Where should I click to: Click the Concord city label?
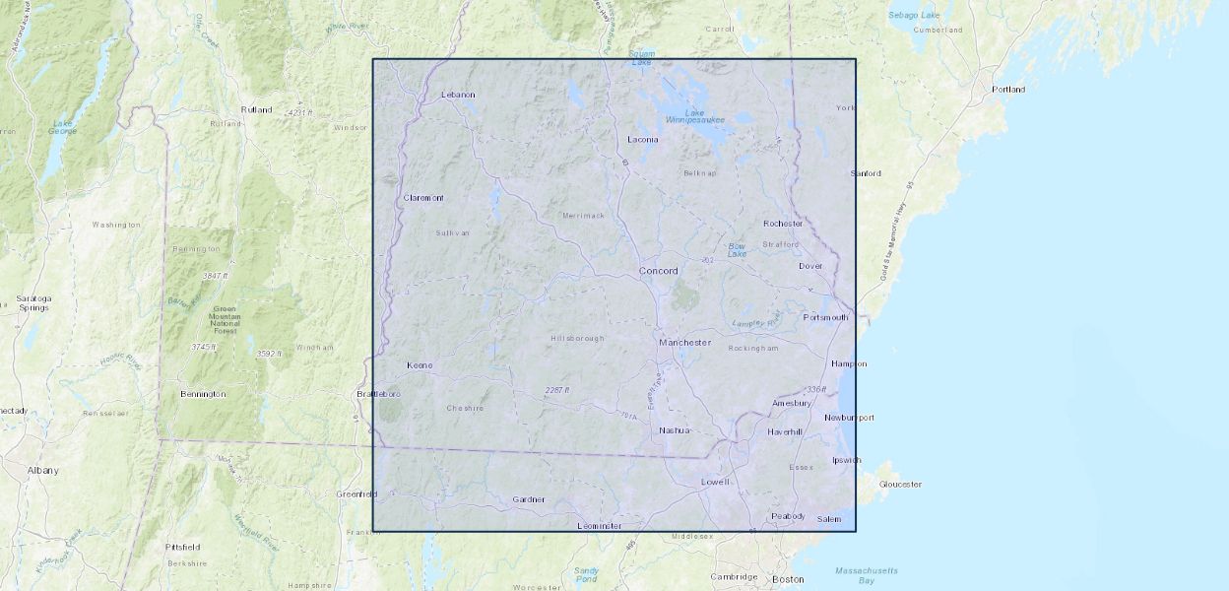(658, 271)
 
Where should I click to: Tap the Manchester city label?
(684, 343)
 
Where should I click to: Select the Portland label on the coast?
(1008, 90)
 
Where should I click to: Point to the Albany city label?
(42, 471)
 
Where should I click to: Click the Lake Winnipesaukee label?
(694, 116)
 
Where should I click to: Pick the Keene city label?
(420, 365)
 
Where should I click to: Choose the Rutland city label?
(256, 109)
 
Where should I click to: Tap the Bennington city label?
(203, 394)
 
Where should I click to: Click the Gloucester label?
(900, 485)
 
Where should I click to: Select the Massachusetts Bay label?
(867, 575)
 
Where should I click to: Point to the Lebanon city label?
(458, 95)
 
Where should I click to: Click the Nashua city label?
(675, 430)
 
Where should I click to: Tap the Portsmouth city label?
(825, 317)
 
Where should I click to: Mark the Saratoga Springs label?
(33, 302)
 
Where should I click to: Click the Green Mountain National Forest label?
(225, 320)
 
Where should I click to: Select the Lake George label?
(63, 127)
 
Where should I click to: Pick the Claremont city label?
(423, 198)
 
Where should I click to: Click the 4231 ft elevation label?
(298, 113)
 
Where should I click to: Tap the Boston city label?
(788, 579)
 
